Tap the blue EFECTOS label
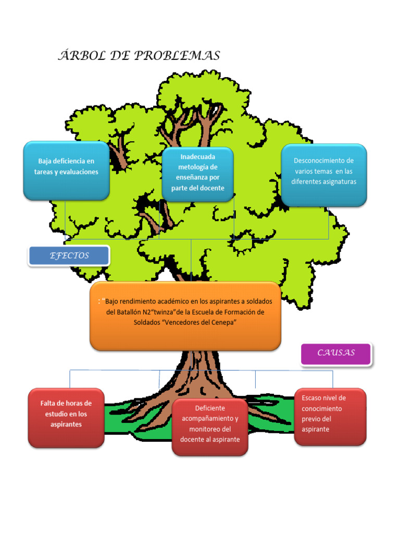[x=69, y=256]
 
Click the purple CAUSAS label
[x=336, y=353]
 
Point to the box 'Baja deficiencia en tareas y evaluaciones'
[x=66, y=170]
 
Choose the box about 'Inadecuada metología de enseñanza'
[x=197, y=174]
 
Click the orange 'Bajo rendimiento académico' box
[x=185, y=316]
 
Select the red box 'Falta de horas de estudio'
[x=66, y=417]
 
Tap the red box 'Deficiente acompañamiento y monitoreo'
[x=210, y=427]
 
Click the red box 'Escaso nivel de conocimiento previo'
[x=330, y=416]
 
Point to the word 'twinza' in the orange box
[x=164, y=312]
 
